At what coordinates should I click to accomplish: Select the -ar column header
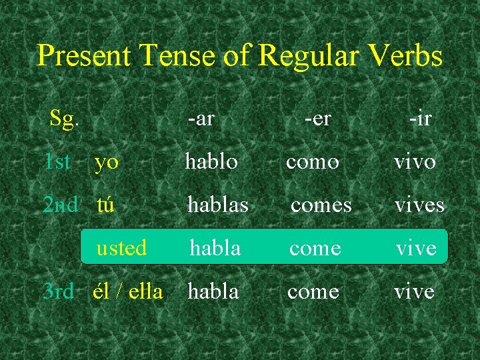201,119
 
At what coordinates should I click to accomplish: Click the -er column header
318,119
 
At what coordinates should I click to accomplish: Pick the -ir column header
420,119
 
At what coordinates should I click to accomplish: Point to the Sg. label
65,119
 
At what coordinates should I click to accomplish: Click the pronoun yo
107,162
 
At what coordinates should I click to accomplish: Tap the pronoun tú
105,205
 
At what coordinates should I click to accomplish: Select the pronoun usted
121,248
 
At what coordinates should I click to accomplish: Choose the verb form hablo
211,161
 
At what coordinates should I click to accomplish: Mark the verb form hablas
218,205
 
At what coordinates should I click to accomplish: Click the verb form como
313,162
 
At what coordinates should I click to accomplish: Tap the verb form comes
321,205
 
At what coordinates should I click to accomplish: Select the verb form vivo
415,162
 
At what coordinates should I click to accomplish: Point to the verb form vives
419,205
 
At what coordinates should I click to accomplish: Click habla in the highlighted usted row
215,248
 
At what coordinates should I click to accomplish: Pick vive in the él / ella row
414,291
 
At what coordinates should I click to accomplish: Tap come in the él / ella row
313,291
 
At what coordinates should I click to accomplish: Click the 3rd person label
58,291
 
